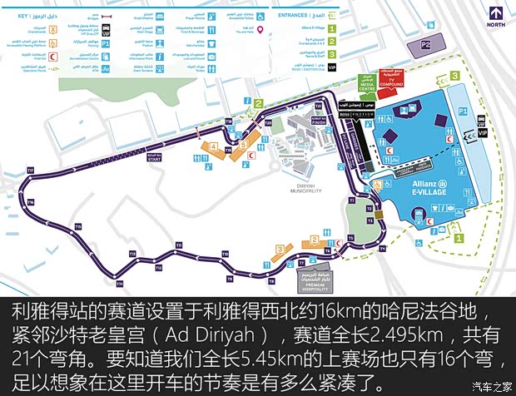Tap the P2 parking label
tap(428, 43)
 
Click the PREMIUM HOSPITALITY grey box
tap(319, 283)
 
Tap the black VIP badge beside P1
tap(481, 131)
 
